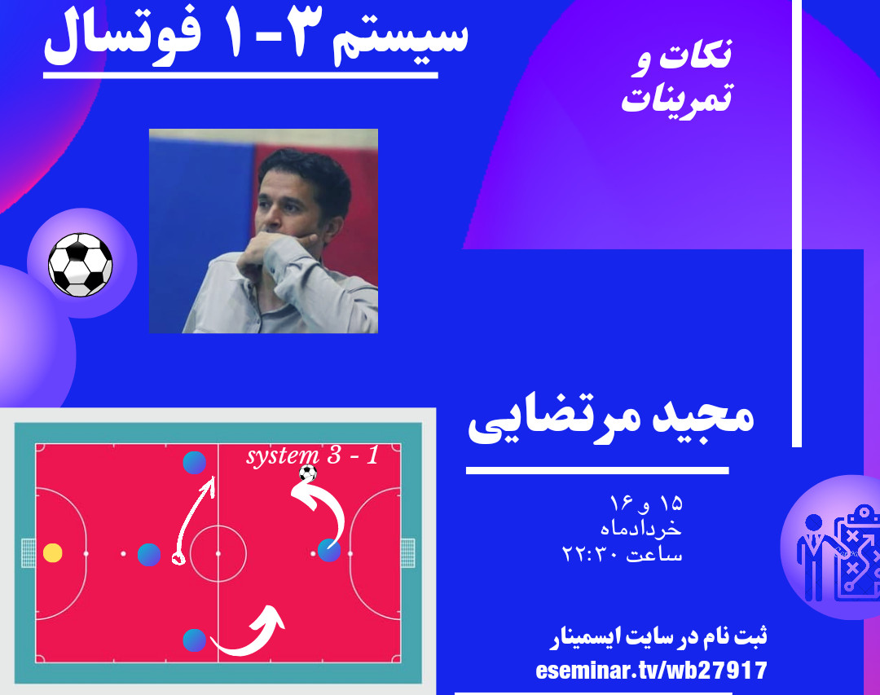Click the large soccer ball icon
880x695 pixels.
coord(80,265)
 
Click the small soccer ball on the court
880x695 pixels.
coord(307,473)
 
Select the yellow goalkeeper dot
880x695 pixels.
coord(53,553)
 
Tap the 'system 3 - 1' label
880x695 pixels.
coord(313,455)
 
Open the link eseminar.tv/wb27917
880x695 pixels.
coord(652,671)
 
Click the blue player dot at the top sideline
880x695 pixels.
coord(194,462)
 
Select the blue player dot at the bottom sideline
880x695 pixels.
coord(194,640)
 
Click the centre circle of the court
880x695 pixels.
coord(218,553)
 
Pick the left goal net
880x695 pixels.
coord(28,553)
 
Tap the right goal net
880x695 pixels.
coord(407,553)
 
